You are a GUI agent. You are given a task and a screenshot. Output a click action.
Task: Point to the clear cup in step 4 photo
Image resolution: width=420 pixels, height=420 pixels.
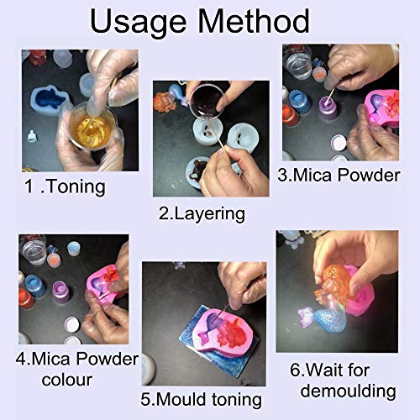coord(33,251)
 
